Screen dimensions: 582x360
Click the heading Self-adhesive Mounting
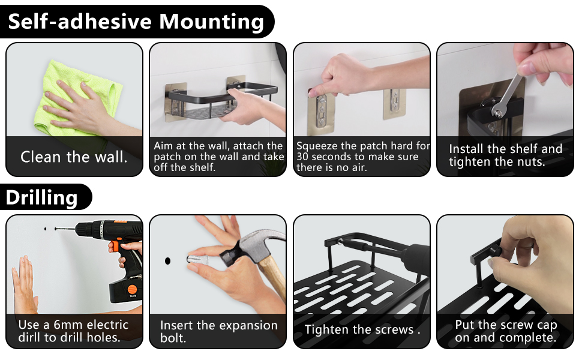pos(136,21)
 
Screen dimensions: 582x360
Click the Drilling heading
pos(41,197)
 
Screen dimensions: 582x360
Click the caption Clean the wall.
pos(74,157)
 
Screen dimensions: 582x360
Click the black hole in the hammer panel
pos(168,261)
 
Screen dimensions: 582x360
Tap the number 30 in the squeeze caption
pos(303,157)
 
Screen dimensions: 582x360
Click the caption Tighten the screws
pos(362,329)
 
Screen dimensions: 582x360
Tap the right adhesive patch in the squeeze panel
pos(395,104)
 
